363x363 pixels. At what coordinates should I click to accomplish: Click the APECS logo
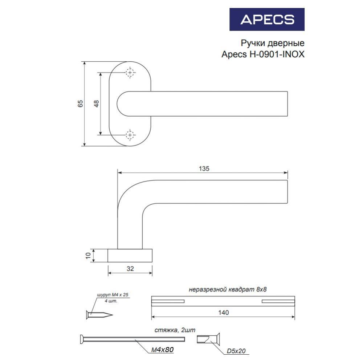(267, 20)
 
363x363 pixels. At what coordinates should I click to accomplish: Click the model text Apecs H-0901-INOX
(263, 54)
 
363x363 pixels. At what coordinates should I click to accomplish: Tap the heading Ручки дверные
(273, 43)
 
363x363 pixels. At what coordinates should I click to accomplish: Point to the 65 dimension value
(80, 103)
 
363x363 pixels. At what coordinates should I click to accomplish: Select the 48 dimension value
(96, 103)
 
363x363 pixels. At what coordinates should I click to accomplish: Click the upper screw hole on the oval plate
(130, 73)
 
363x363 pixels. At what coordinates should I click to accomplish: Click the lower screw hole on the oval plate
(130, 135)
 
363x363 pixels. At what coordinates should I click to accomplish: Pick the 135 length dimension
(204, 168)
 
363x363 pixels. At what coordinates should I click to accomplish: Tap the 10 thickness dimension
(88, 256)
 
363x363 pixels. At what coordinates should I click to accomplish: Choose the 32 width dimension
(130, 269)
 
